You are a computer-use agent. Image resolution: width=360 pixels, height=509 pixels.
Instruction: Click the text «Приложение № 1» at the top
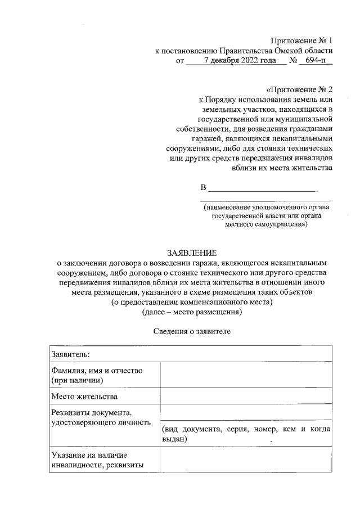pos(301,40)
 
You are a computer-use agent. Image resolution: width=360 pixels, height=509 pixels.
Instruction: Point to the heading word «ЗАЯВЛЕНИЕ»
pos(192,253)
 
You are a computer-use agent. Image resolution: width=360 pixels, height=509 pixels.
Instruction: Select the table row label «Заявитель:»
pos(71,354)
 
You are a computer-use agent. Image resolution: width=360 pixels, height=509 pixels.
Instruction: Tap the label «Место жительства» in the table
pos(84,397)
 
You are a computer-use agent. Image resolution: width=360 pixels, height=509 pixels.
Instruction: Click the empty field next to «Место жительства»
pos(245,397)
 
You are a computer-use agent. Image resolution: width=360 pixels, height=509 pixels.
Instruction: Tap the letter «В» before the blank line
pos(204,187)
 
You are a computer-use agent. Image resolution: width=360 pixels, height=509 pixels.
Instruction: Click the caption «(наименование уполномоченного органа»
pos(267,206)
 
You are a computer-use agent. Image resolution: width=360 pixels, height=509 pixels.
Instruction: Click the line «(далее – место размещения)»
pos(192,311)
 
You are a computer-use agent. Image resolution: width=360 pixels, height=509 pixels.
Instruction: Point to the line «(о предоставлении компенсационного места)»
pos(192,301)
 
